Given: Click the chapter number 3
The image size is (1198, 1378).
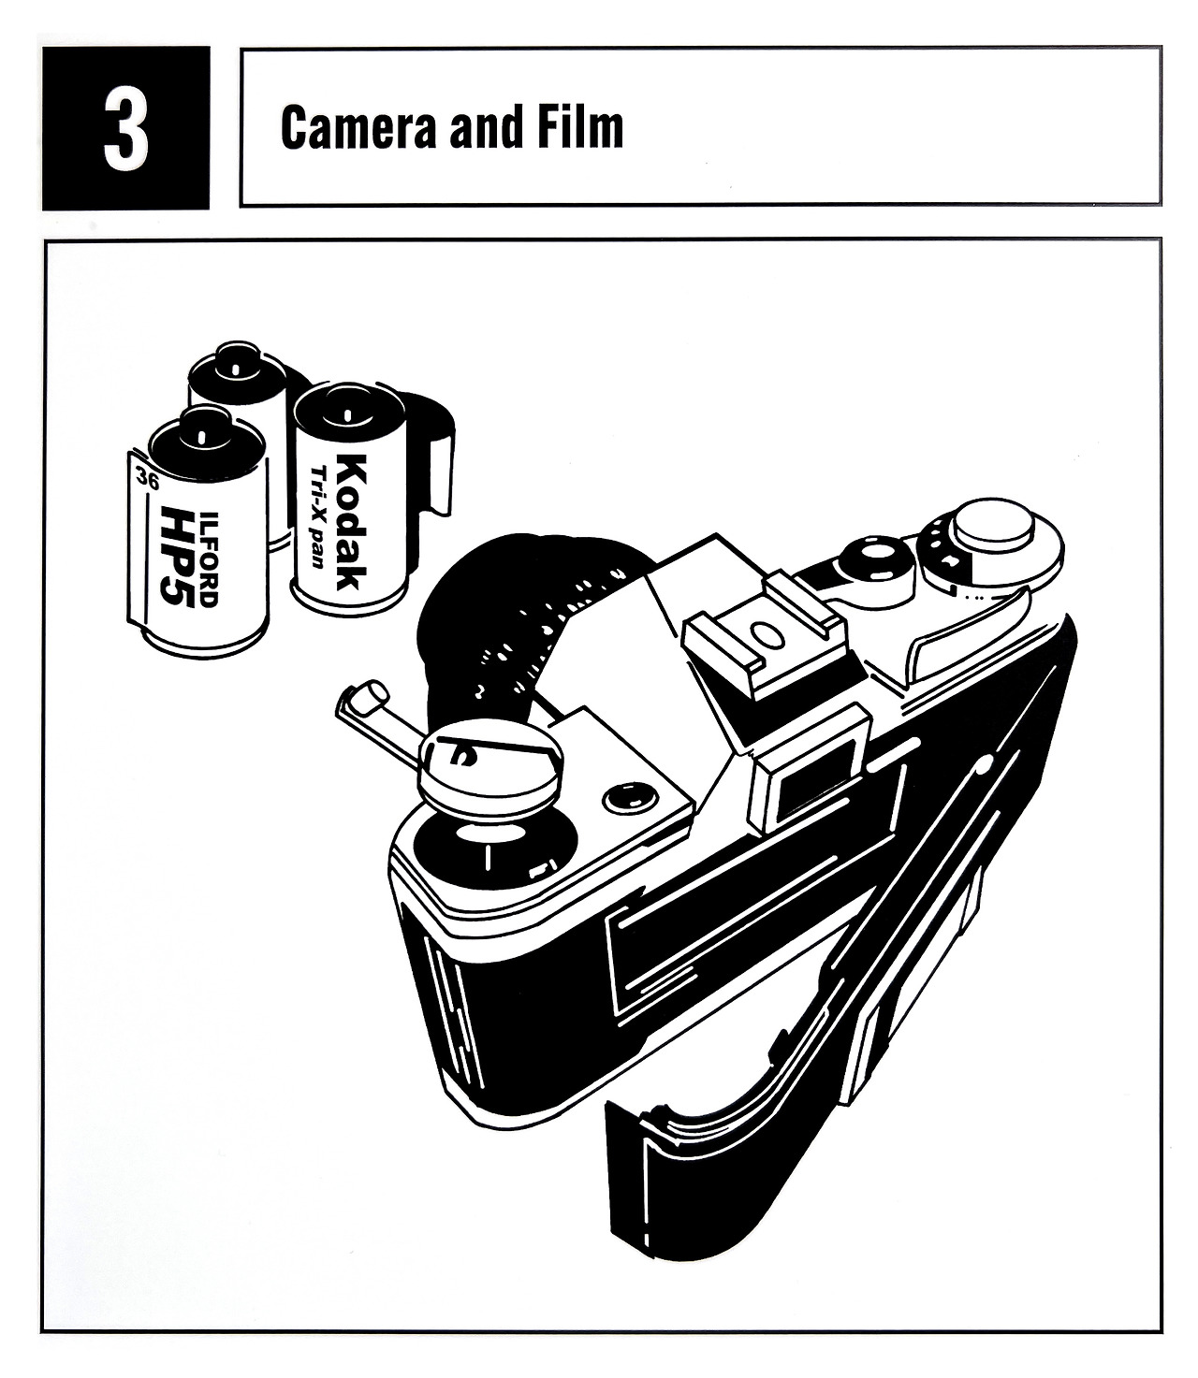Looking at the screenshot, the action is tap(126, 130).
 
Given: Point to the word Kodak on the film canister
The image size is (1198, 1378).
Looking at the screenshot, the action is tap(352, 521).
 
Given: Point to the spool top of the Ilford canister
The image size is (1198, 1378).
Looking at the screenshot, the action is tap(201, 439).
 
